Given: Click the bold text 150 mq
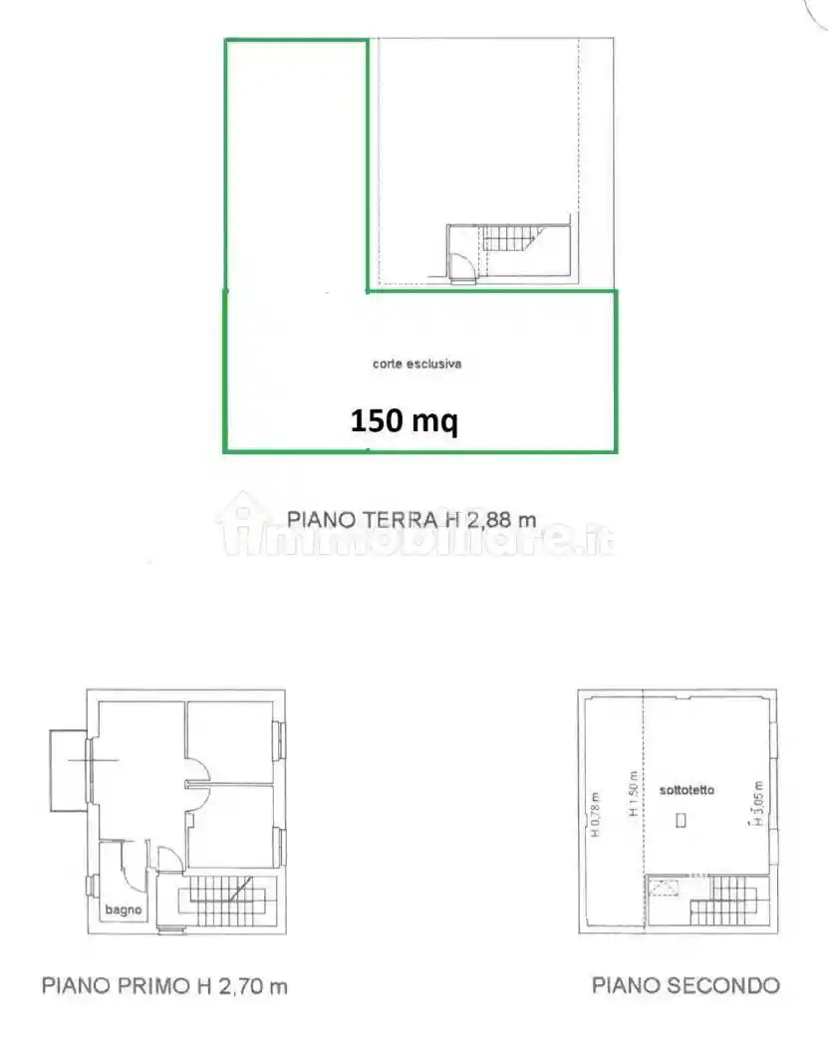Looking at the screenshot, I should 404,421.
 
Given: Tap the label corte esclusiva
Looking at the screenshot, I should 416,365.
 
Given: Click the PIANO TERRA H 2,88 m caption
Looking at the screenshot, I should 412,519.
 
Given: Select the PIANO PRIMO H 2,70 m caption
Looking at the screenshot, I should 164,986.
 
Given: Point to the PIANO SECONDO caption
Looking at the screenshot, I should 686,986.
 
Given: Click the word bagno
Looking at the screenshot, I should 125,910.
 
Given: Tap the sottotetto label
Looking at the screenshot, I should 687,790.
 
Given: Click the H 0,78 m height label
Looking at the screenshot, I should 595,815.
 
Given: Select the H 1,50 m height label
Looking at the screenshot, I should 632,795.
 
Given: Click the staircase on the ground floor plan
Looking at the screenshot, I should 510,239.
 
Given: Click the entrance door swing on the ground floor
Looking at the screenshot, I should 462,267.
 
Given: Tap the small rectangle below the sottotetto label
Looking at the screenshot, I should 681,821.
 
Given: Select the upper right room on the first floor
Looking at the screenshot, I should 230,742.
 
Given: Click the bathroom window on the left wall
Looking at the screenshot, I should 91,885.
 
